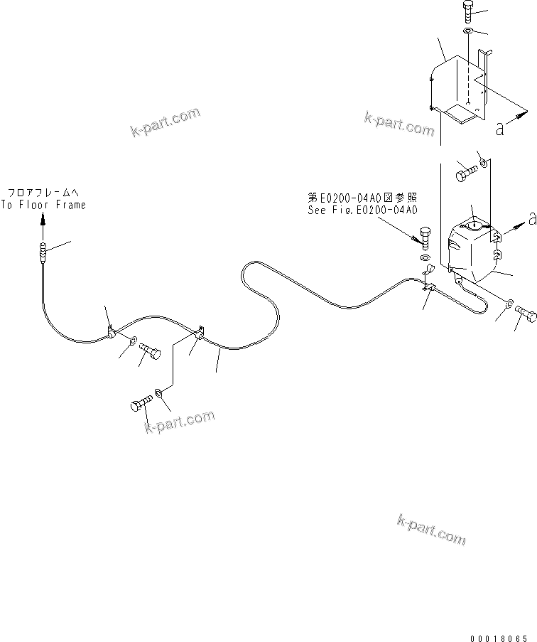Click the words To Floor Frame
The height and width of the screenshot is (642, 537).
click(x=43, y=205)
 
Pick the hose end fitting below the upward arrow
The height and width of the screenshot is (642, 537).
click(x=43, y=250)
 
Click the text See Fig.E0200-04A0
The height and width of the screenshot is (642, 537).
click(x=362, y=210)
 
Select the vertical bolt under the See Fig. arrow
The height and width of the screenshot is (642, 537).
click(x=425, y=237)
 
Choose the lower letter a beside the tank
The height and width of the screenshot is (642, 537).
click(x=531, y=220)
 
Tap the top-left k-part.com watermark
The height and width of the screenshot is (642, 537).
click(x=165, y=122)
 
